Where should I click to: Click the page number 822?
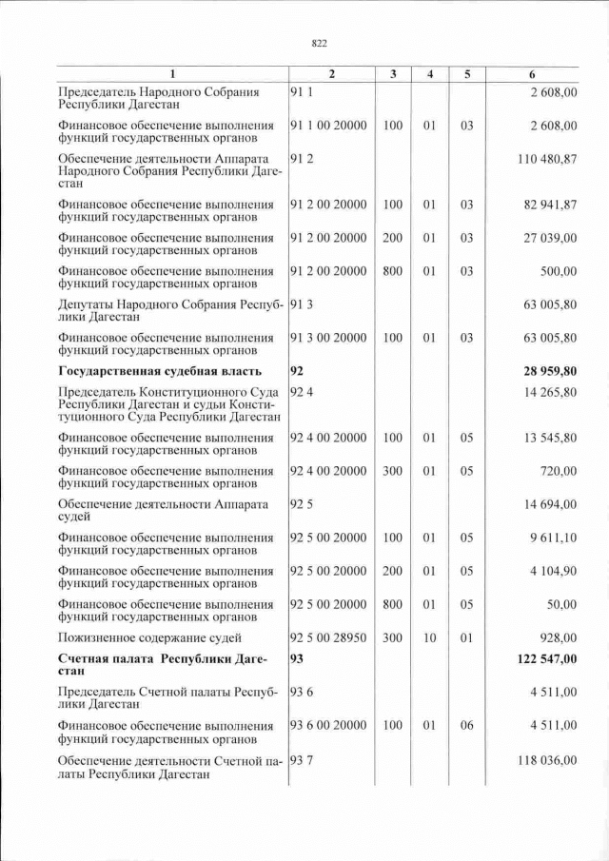point(320,43)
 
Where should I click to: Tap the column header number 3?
point(392,74)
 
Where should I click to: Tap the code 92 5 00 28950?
point(328,636)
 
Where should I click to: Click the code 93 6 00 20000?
point(328,725)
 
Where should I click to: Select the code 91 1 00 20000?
point(328,126)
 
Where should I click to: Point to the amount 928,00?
point(559,636)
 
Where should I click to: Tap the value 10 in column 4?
point(429,636)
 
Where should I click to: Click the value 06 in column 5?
point(466,725)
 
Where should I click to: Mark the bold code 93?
point(297,658)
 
